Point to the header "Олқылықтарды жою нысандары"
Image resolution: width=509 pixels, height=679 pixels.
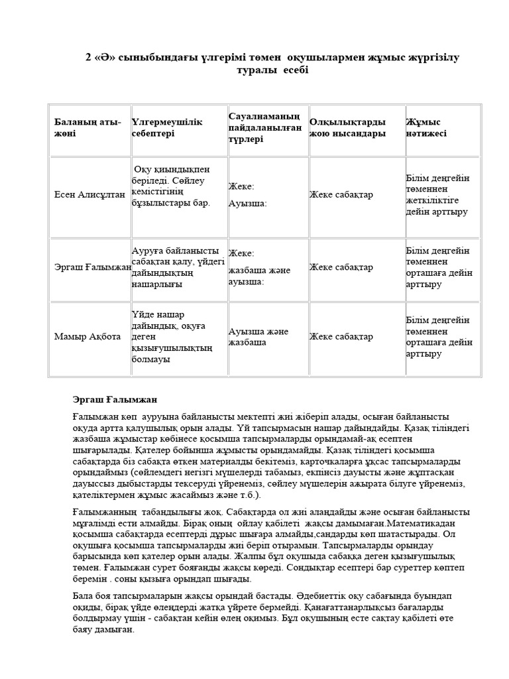tap(347, 128)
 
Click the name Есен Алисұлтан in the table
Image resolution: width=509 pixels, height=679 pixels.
tap(89, 194)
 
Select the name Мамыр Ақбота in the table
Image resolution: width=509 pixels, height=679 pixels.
tap(87, 336)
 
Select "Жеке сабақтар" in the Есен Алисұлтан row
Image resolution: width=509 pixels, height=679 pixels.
tap(341, 194)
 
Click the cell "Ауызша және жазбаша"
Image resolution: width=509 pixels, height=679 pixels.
tap(258, 337)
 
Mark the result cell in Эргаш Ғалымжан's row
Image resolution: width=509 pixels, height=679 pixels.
tap(437, 267)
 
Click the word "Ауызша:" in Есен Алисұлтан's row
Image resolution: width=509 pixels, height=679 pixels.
tap(247, 204)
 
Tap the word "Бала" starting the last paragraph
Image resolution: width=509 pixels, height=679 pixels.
tap(83, 595)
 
